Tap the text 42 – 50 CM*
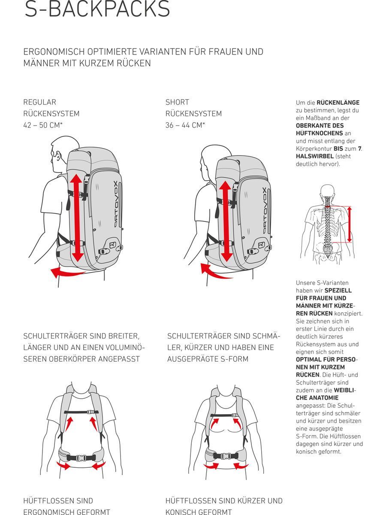(x=50, y=125)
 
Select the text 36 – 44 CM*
(x=185, y=125)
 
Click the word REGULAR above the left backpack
(x=39, y=102)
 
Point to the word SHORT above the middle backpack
(x=177, y=102)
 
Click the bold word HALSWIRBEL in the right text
(x=314, y=156)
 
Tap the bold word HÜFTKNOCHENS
(x=320, y=133)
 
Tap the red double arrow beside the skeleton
(x=350, y=225)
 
